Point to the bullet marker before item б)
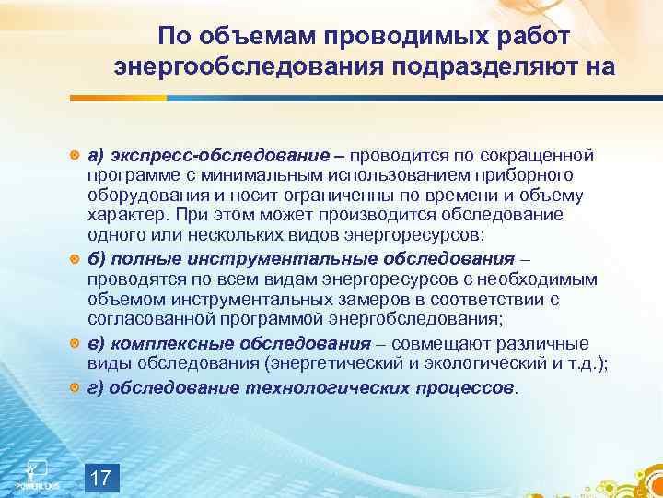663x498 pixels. [76, 260]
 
